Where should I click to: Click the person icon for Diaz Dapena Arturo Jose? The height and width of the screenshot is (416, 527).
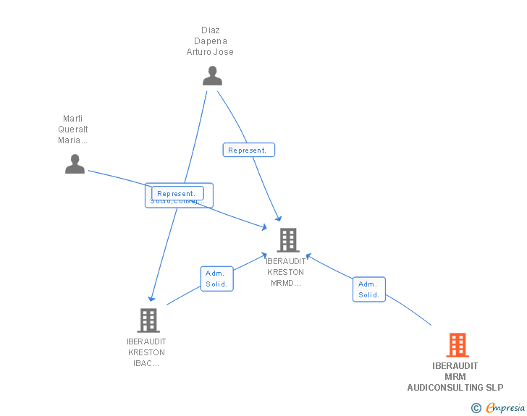pyautogui.click(x=212, y=76)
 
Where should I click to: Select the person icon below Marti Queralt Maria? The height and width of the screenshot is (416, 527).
pyautogui.click(x=75, y=164)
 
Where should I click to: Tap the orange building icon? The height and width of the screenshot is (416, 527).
pyautogui.click(x=458, y=345)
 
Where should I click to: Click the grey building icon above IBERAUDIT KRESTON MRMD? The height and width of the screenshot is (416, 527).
pyautogui.click(x=288, y=240)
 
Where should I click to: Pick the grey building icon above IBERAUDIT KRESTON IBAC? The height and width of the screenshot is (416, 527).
pyautogui.click(x=148, y=320)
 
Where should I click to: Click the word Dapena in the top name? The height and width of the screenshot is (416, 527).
pyautogui.click(x=210, y=41)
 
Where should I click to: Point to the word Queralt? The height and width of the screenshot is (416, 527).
pyautogui.click(x=72, y=130)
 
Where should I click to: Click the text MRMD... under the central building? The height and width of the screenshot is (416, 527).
pyautogui.click(x=286, y=283)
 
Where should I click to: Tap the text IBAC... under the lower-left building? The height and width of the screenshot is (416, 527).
pyautogui.click(x=146, y=363)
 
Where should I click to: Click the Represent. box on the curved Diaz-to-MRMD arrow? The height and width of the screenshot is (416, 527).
pyautogui.click(x=248, y=150)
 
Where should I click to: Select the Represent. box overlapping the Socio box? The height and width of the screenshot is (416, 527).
pyautogui.click(x=177, y=193)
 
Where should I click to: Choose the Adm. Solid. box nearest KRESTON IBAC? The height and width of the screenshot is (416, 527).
pyautogui.click(x=216, y=279)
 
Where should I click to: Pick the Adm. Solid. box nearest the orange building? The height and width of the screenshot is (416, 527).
pyautogui.click(x=369, y=289)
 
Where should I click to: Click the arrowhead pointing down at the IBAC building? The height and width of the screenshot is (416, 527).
pyautogui.click(x=151, y=298)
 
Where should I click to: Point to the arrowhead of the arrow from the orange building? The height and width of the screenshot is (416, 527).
pyautogui.click(x=308, y=255)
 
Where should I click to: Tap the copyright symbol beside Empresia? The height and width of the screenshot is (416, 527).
pyautogui.click(x=476, y=408)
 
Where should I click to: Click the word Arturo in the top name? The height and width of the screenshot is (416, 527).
pyautogui.click(x=198, y=52)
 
